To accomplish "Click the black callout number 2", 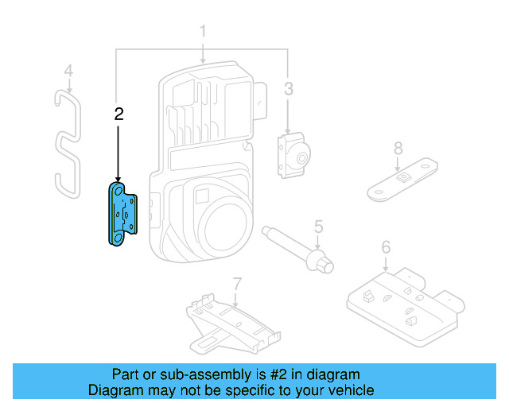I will pyautogui.click(x=119, y=114).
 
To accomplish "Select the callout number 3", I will pyautogui.click(x=289, y=88).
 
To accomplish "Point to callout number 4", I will pyautogui.click(x=68, y=72).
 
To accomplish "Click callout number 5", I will pyautogui.click(x=318, y=227).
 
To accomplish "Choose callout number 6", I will pyautogui.click(x=386, y=247).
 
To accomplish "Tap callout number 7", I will pyautogui.click(x=236, y=283).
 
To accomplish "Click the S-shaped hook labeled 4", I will pyautogui.click(x=68, y=143).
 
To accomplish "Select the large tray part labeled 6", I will pyautogui.click(x=402, y=300).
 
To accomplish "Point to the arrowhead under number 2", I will pyautogui.click(x=119, y=180).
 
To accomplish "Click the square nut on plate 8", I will pyautogui.click(x=405, y=176).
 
